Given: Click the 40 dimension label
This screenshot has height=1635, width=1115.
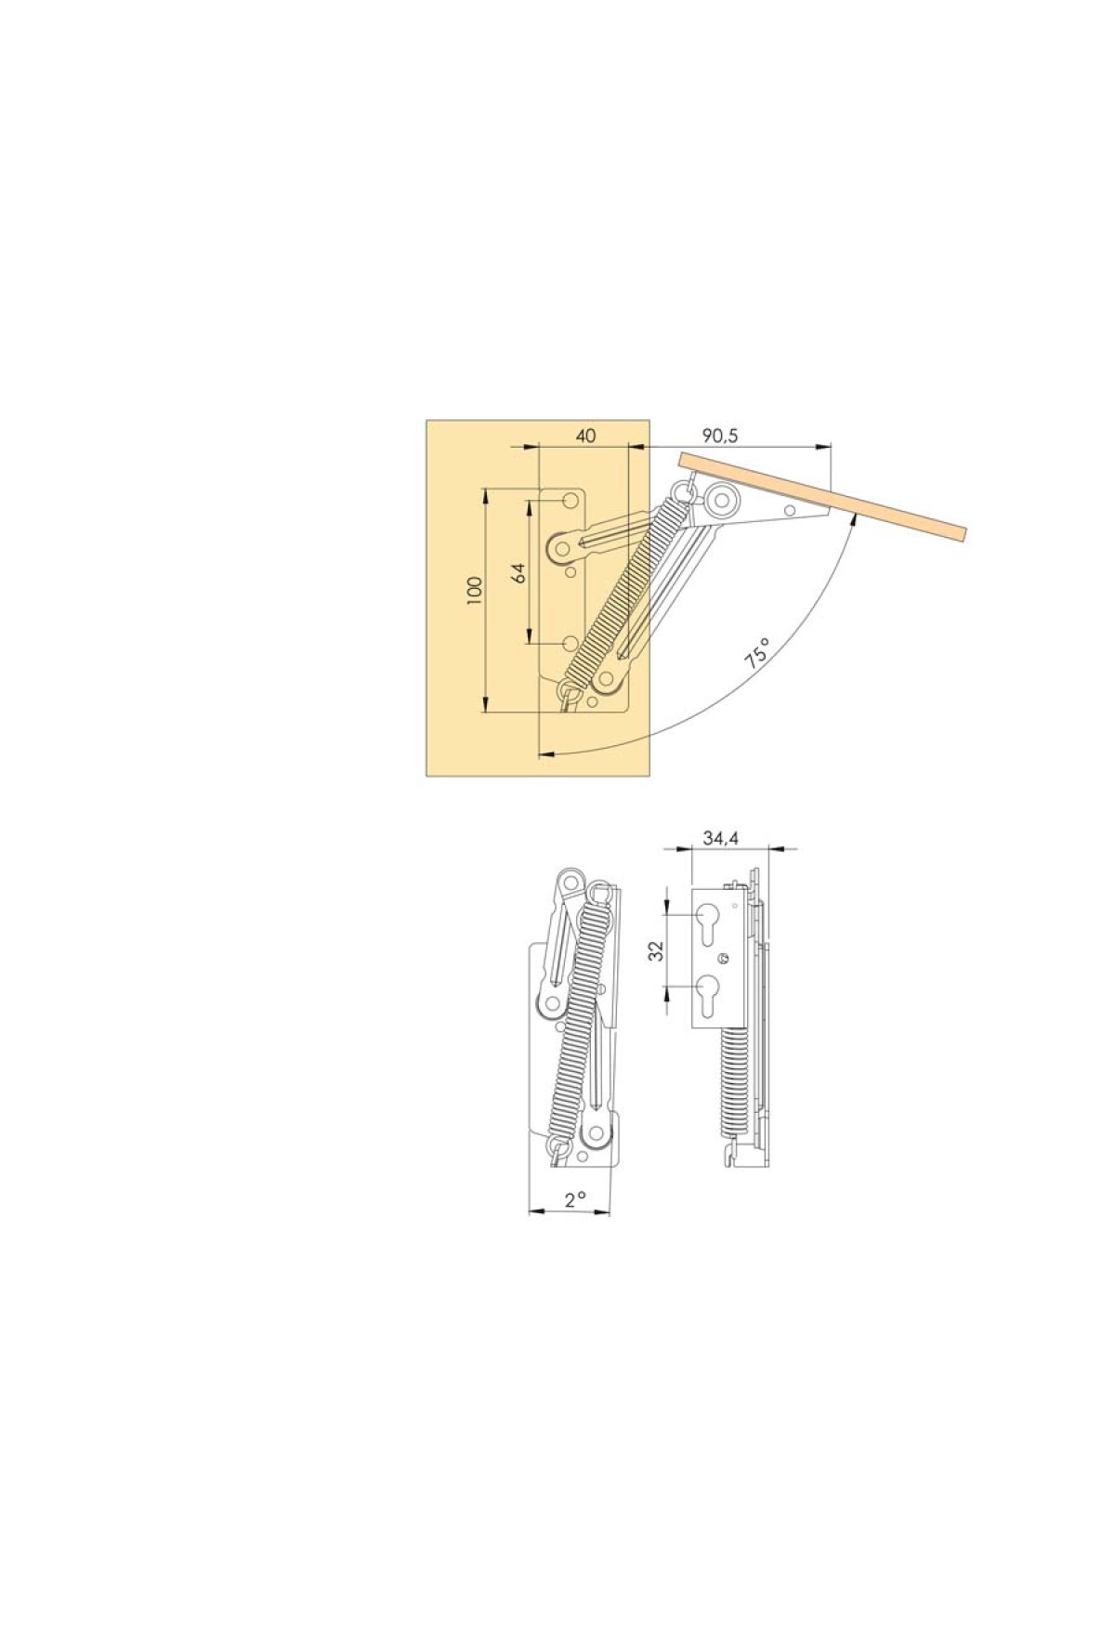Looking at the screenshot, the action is point(585,436).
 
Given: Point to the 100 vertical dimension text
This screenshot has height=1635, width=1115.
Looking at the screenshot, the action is point(476,591).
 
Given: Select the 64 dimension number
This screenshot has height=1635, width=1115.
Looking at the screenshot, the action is point(519,573).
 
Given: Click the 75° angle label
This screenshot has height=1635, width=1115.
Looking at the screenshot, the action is point(757,654).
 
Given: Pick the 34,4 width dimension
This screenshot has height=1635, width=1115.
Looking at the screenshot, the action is point(720,839).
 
